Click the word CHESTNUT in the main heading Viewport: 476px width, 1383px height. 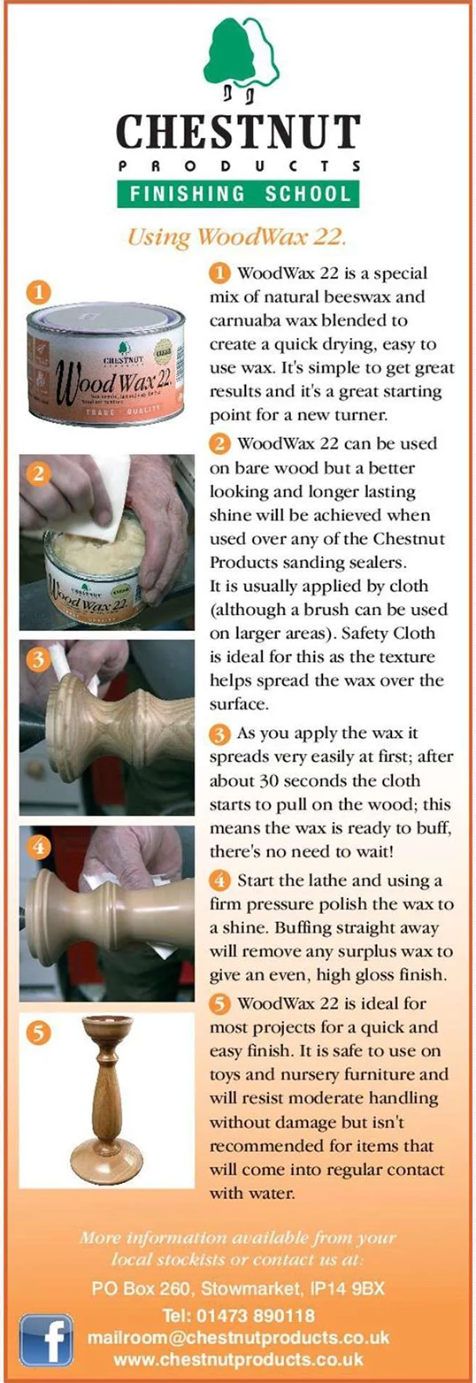(238, 132)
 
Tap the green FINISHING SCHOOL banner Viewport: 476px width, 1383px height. (238, 194)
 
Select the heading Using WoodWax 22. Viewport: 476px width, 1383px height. (235, 237)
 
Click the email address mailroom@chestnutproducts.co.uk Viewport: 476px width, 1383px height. (238, 1337)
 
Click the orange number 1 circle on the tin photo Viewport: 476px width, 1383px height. (38, 292)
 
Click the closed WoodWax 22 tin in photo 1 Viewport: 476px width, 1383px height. (105, 361)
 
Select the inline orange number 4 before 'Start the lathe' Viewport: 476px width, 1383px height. (219, 880)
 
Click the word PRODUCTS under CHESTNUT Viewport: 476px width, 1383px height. (238, 166)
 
